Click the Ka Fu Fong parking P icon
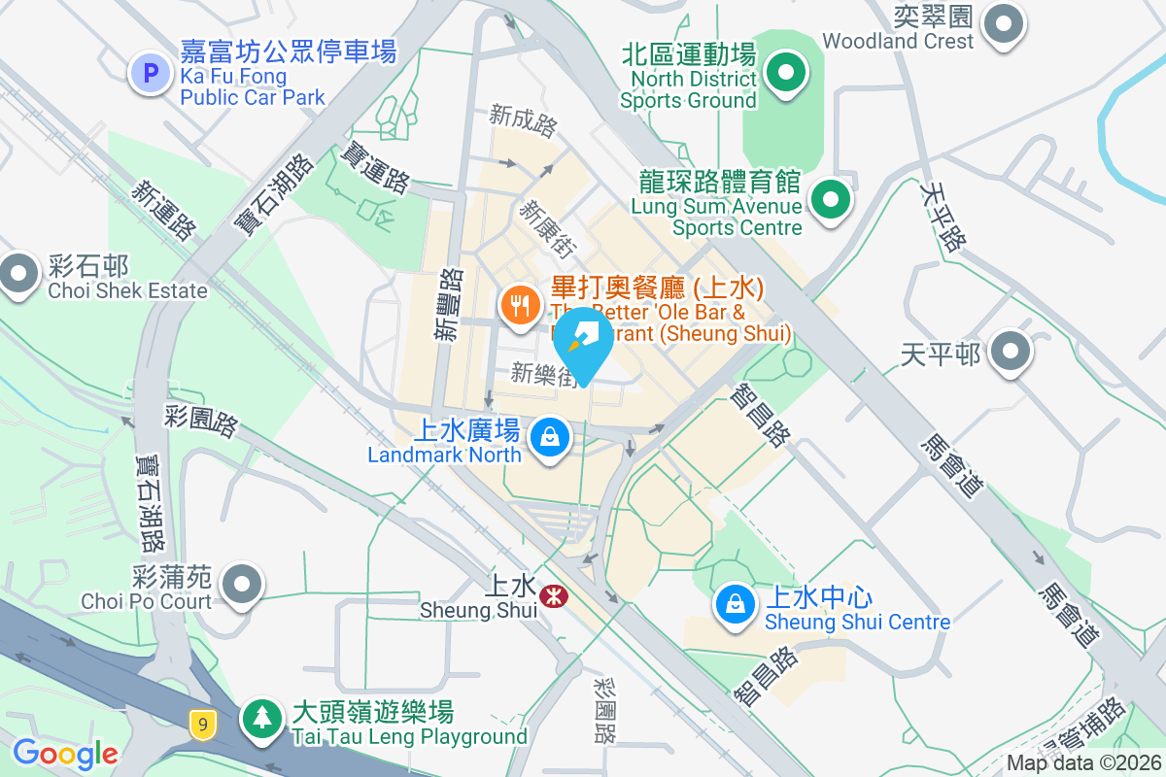[x=150, y=71]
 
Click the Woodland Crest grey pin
[x=1004, y=23]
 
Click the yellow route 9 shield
[x=202, y=723]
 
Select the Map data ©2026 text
[x=1082, y=763]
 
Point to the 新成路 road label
[x=523, y=119]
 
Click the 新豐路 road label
[x=448, y=304]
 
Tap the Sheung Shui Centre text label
[x=857, y=622]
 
